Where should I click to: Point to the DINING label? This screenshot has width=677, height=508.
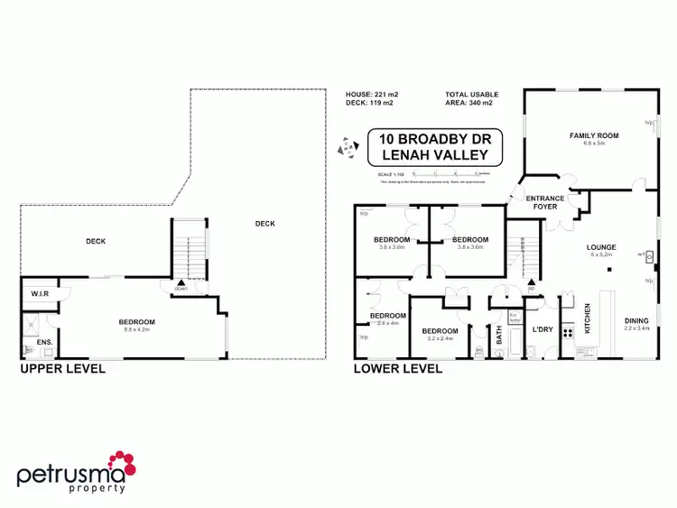[636, 319]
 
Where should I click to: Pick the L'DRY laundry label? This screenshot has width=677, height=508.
[543, 328]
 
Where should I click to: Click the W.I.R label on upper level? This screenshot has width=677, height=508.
[40, 292]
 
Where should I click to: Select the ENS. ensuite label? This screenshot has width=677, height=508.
[45, 343]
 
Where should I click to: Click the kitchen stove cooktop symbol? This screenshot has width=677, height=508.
[569, 332]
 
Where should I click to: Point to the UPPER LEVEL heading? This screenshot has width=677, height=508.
[62, 368]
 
